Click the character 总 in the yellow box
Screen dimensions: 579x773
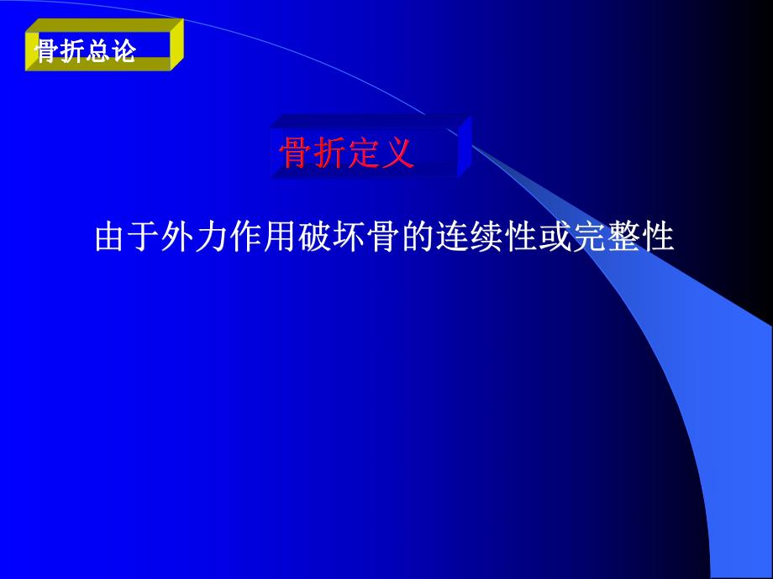point(96,53)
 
